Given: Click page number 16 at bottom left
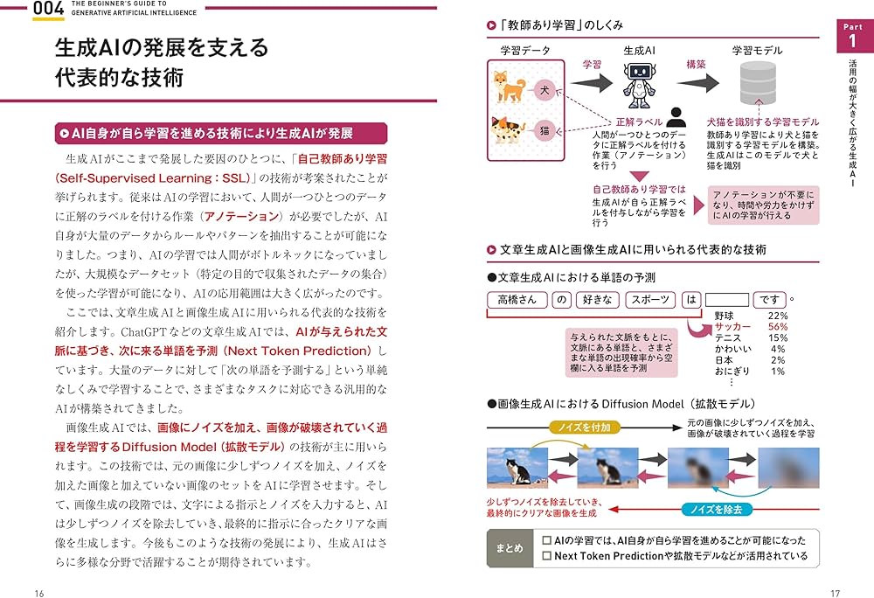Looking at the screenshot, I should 38,593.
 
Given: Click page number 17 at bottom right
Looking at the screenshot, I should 835,593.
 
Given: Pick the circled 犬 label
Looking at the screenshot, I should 544,89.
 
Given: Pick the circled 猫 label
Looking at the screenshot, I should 544,129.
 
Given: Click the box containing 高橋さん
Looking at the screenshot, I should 515,300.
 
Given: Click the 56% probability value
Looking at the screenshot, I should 777,326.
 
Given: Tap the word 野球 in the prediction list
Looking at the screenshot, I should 725,315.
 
